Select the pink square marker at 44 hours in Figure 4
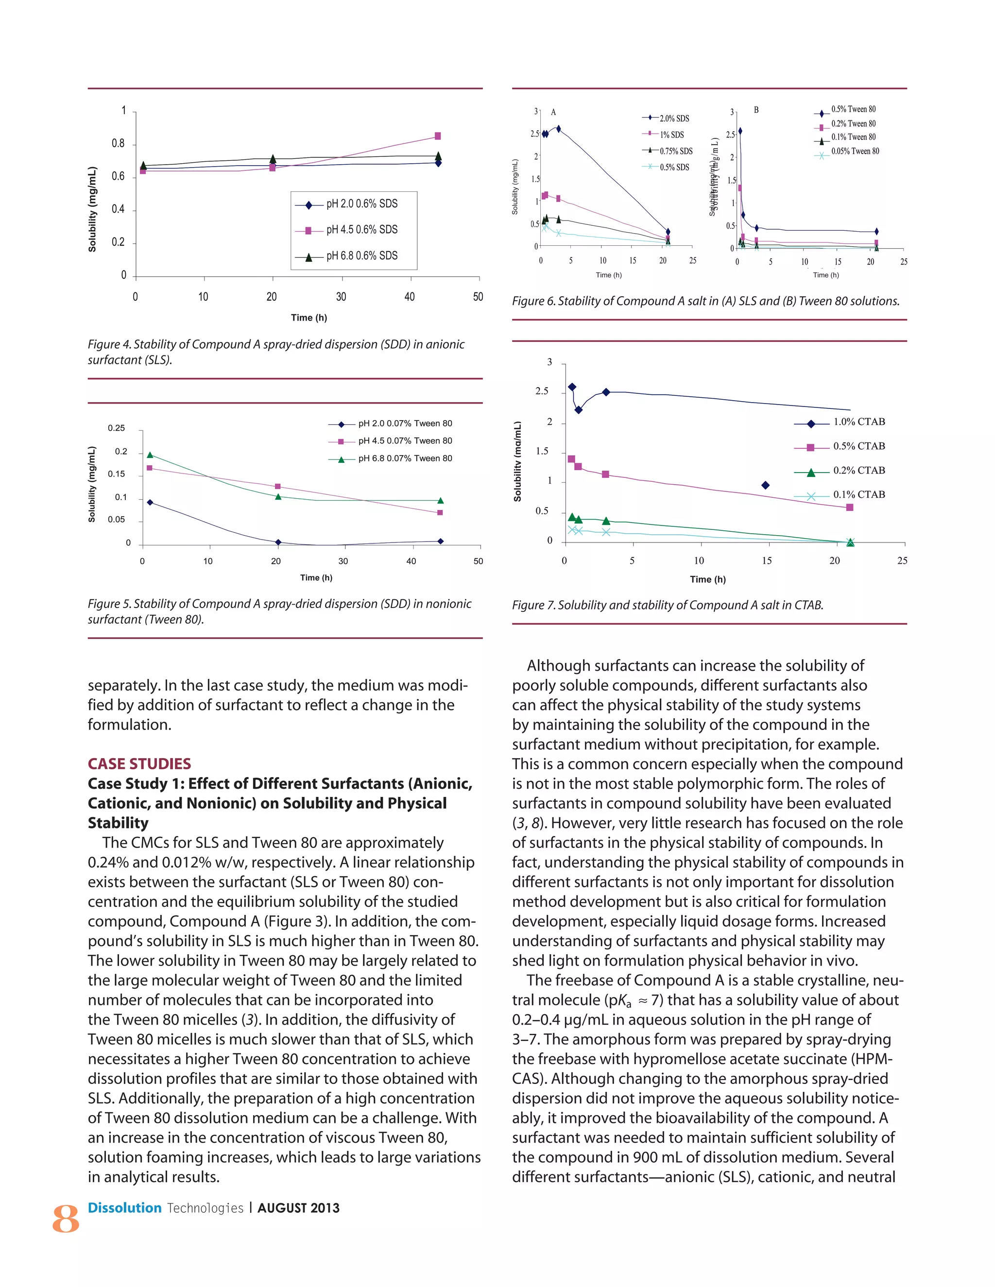437,136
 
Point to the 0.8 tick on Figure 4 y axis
119,144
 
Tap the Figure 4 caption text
276,352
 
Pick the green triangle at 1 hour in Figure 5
150,455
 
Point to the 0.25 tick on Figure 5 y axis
116,428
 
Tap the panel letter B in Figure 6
756,110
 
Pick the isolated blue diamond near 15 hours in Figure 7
765,486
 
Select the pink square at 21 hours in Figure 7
849,508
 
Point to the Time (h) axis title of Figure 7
707,579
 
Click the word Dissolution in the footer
124,1208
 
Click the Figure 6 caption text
705,301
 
